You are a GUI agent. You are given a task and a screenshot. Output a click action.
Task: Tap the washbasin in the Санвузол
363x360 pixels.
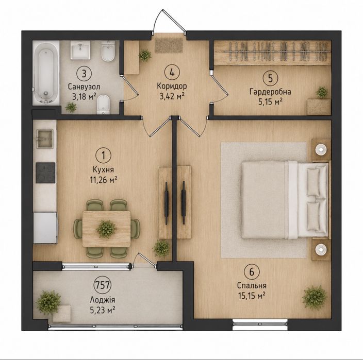coord(80,50)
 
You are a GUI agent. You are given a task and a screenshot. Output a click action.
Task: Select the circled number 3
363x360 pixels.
coord(84,74)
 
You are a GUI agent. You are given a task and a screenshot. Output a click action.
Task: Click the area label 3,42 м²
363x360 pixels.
coord(172,96)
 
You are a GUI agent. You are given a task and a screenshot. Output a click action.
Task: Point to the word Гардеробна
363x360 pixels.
coord(270,92)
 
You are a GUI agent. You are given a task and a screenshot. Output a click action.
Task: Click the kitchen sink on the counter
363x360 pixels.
coord(45,139)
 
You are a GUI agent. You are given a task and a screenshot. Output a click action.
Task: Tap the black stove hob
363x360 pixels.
coord(45,173)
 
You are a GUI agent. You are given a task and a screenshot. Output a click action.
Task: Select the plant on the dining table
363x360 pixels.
coord(106,229)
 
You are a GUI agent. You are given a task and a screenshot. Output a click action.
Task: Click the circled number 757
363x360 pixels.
coord(102,285)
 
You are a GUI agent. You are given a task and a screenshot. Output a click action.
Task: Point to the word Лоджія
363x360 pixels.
coord(102,300)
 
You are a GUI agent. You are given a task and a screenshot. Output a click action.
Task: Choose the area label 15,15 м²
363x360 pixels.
coord(252,295)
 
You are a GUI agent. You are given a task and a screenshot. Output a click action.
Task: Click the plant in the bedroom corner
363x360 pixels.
coord(315,298)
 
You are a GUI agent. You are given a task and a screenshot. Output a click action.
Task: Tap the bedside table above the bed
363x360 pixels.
coord(321,150)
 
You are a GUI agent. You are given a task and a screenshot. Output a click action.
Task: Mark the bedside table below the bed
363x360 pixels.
coord(321,249)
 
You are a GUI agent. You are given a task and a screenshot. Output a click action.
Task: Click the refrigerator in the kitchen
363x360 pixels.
coord(45,228)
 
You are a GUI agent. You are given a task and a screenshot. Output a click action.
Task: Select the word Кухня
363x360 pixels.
coord(103,169)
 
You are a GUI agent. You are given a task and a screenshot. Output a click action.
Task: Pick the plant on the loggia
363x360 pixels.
coord(48,302)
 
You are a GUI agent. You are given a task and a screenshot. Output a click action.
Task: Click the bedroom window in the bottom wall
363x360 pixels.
coord(260,324)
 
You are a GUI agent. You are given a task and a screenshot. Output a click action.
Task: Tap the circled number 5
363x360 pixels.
coord(270,78)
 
